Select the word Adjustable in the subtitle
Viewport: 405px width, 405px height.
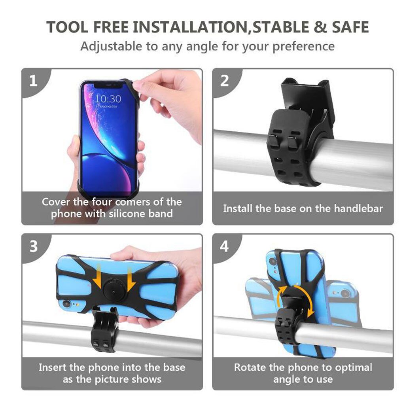(x=112, y=46)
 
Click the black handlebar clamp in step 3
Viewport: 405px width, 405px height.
(x=104, y=331)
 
